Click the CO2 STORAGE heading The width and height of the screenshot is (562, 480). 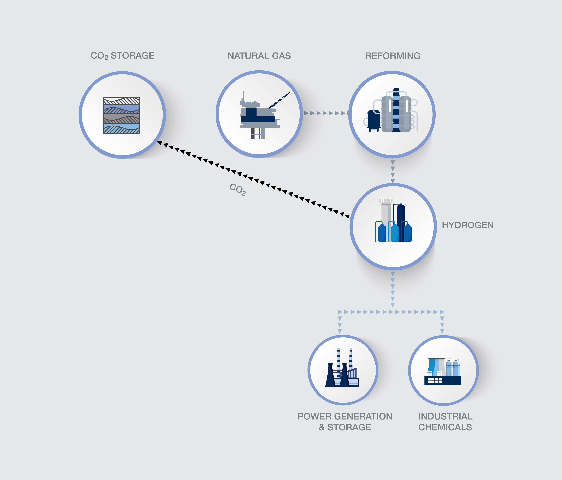122,56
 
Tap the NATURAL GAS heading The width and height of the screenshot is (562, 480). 259,56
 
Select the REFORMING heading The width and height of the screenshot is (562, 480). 392,56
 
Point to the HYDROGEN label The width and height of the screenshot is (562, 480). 467,225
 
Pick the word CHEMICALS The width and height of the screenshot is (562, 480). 445,427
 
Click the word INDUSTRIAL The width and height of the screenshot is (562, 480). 445,416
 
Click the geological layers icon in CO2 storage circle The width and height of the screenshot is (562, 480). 121,115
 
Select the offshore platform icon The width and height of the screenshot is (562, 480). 259,115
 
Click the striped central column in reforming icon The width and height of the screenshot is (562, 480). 396,110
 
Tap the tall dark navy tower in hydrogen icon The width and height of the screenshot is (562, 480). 401,217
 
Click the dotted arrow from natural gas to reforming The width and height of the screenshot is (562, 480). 325,113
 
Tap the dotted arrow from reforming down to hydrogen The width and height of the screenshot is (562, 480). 392,171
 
